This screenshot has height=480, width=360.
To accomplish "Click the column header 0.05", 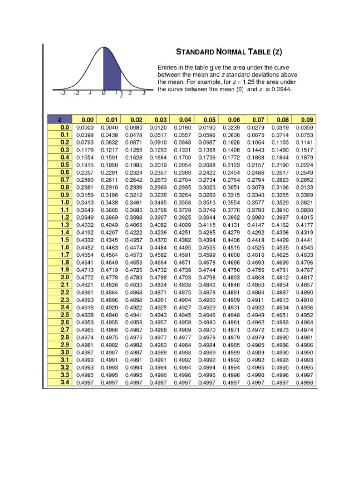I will pos(206,120).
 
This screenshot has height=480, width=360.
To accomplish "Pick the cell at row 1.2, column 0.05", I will pos(206,217).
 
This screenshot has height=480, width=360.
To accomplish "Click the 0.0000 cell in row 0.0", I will pos(85,127).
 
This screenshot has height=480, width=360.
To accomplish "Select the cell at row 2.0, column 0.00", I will pos(85,277).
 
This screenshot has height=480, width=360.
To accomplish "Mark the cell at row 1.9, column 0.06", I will pos(231,270).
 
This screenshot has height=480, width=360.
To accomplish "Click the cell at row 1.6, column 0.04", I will pos(182,247).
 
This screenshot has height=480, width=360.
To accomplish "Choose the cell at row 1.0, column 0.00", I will pos(85,202).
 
